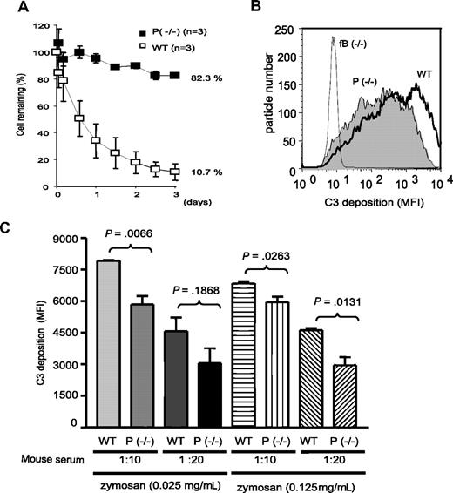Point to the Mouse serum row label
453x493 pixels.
click(x=43, y=460)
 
